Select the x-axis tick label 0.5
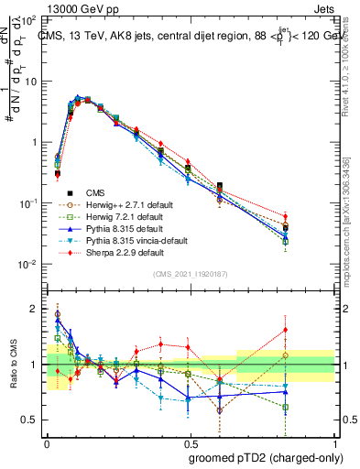[190, 441]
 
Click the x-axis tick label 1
[334, 441]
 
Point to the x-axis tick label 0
[46, 441]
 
